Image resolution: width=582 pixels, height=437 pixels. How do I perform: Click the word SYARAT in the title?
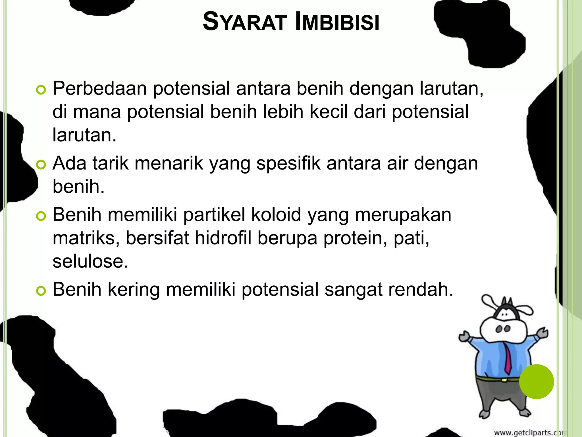pyautogui.click(x=244, y=22)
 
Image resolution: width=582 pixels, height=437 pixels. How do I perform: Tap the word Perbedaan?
pyautogui.click(x=100, y=88)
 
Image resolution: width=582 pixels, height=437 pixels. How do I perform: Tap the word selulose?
pyautogui.click(x=90, y=261)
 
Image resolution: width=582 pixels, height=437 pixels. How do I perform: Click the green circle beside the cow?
pyautogui.click(x=536, y=382)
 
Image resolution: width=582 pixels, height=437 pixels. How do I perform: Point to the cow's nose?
pyautogui.click(x=503, y=329)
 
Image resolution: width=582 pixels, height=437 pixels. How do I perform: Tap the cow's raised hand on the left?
pyautogui.click(x=465, y=337)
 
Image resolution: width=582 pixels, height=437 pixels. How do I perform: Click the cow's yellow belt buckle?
pyautogui.click(x=504, y=380)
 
